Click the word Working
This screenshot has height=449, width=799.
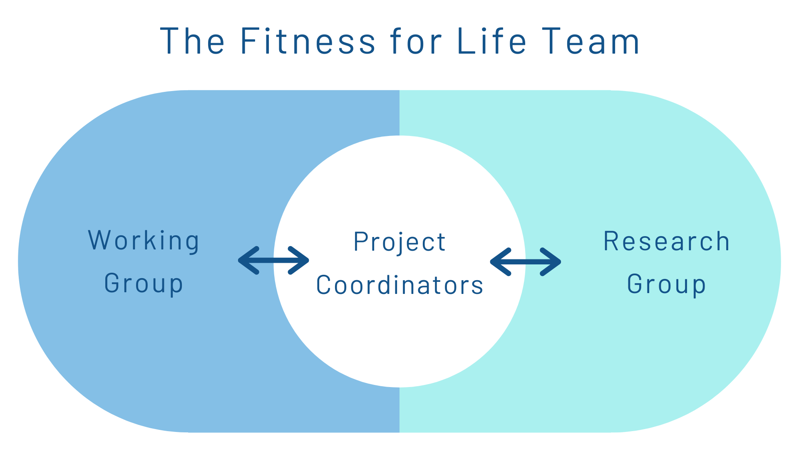click(144, 241)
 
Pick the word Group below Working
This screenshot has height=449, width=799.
click(144, 284)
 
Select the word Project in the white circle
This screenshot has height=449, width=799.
click(399, 242)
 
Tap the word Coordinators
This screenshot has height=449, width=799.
click(399, 285)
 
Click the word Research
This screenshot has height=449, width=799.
click(667, 241)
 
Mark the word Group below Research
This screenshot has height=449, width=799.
click(667, 284)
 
